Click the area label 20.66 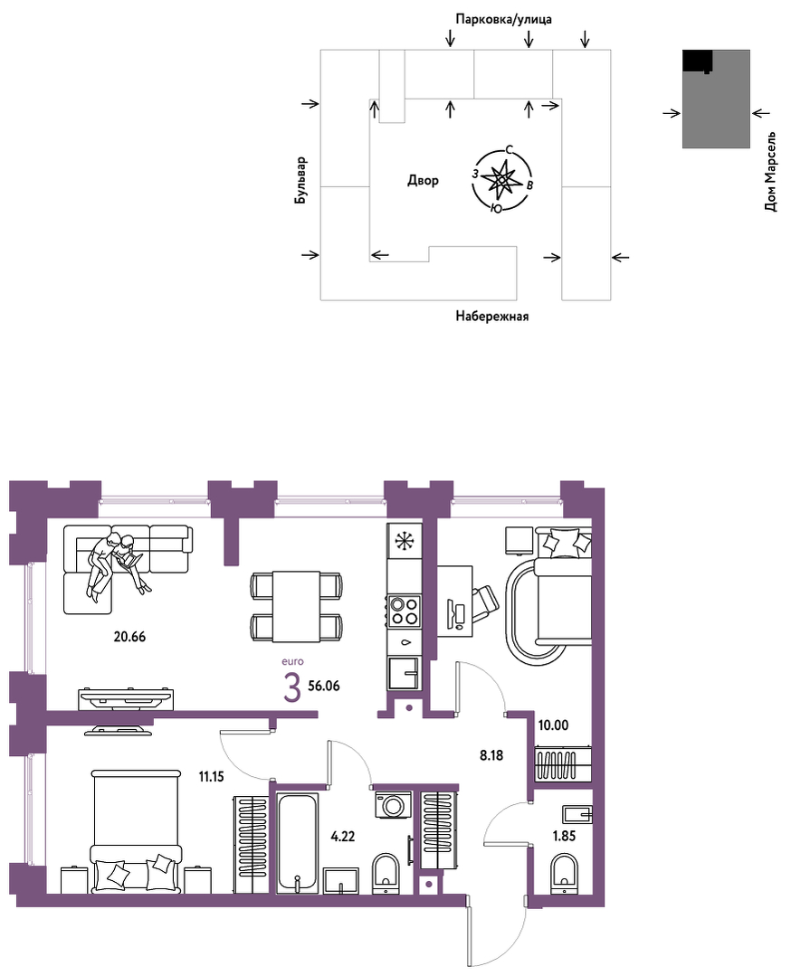pos(129,636)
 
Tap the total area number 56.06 pos(324,686)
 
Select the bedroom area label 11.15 pos(211,776)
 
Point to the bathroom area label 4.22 pos(343,837)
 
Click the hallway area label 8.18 pos(491,755)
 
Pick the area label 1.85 pos(564,836)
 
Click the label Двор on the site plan pos(423,181)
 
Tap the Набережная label pos(492,317)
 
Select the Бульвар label pos(301,181)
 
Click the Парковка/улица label pos(503,19)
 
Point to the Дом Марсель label pos(770,172)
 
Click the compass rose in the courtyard pos(502,179)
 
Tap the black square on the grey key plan pos(698,61)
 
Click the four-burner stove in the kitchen pos(405,610)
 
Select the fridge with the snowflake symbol pos(405,540)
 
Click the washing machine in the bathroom pos(394,805)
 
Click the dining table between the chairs pos(297,606)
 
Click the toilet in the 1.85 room pos(566,871)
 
